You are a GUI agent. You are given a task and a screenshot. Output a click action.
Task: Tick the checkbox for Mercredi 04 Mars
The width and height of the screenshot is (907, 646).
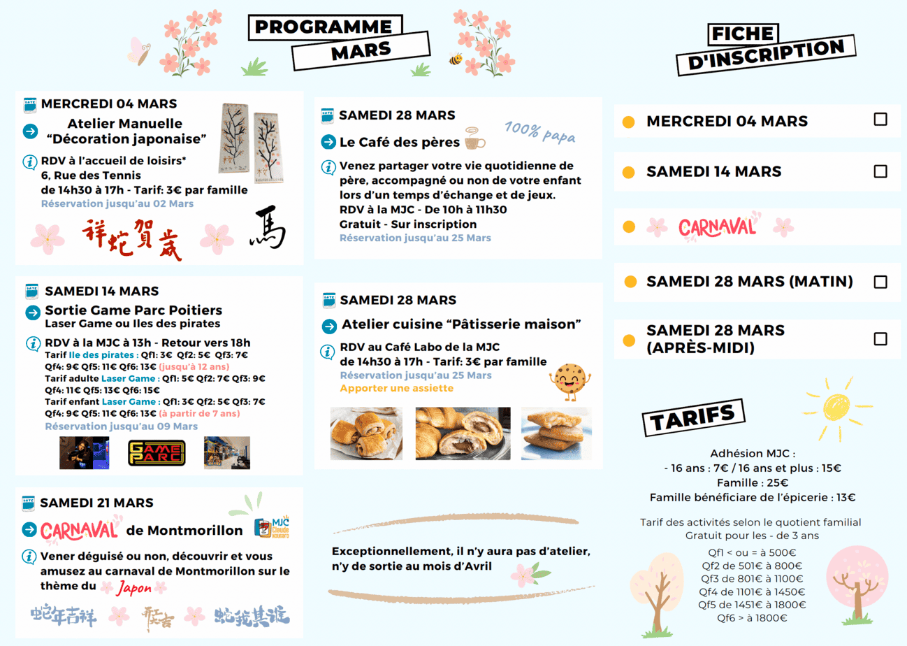pyautogui.click(x=880, y=119)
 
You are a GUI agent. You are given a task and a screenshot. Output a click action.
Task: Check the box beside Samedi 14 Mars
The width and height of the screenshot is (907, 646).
pyautogui.click(x=880, y=171)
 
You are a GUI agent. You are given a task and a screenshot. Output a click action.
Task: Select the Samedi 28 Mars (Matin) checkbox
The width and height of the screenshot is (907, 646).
pyautogui.click(x=880, y=282)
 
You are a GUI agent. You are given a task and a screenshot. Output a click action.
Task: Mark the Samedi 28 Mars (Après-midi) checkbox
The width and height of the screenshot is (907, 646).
pyautogui.click(x=880, y=339)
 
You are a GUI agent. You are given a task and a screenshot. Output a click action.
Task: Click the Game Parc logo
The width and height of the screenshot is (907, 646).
pyautogui.click(x=157, y=452)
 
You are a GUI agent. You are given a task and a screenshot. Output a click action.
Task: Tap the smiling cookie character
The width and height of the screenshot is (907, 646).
pyautogui.click(x=567, y=380)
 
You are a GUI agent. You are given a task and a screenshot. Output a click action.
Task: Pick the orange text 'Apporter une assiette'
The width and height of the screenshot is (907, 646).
pyautogui.click(x=396, y=388)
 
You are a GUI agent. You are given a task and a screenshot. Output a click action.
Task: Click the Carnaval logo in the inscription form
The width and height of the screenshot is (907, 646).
pyautogui.click(x=717, y=227)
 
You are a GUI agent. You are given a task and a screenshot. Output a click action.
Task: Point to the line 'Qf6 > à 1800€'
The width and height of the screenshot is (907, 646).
pyautogui.click(x=752, y=618)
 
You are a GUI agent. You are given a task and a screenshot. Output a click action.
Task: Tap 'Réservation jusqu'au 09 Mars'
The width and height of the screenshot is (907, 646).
pyautogui.click(x=121, y=426)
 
